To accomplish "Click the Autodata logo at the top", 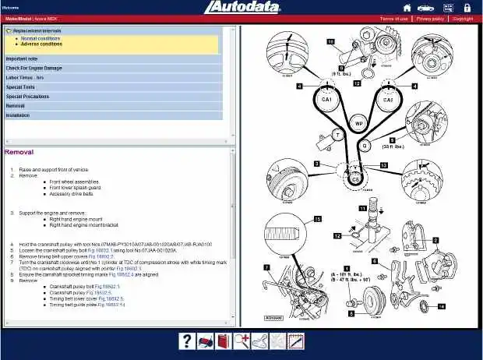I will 242,9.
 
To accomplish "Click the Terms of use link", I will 393,18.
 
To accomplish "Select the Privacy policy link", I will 430,18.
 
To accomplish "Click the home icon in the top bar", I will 406,8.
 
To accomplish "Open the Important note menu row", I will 23,58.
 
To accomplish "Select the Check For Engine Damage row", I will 34,68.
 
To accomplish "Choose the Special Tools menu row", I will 20,86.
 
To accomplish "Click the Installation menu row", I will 18,115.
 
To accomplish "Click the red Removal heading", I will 19,152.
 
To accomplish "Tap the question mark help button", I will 187,341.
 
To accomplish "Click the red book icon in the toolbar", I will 224,341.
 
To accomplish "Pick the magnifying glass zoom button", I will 241,341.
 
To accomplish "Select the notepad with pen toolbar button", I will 296,341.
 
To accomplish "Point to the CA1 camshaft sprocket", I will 326,101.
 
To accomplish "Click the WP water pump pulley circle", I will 358,123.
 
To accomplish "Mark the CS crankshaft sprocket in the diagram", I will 356,178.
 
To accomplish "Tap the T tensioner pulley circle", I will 338,135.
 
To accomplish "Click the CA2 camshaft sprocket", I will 387,101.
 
